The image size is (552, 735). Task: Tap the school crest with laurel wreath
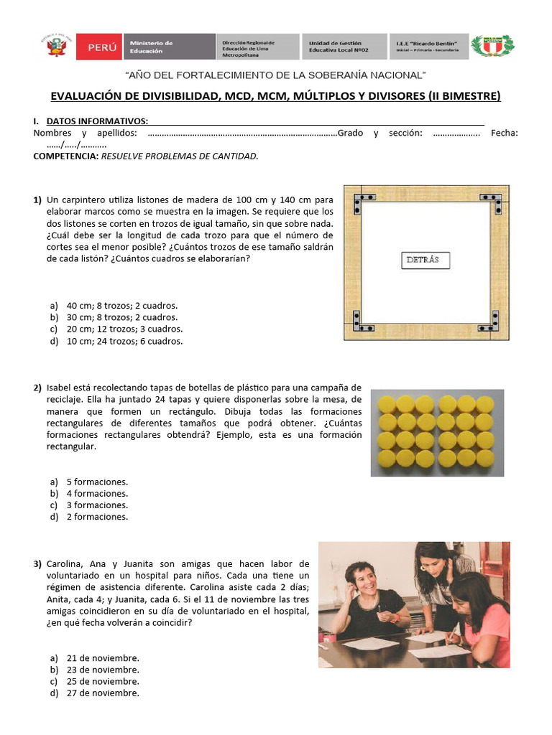click(492, 47)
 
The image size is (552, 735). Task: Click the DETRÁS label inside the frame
click(424, 260)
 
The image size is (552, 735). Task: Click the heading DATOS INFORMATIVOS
click(97, 121)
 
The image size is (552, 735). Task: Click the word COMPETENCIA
click(65, 156)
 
